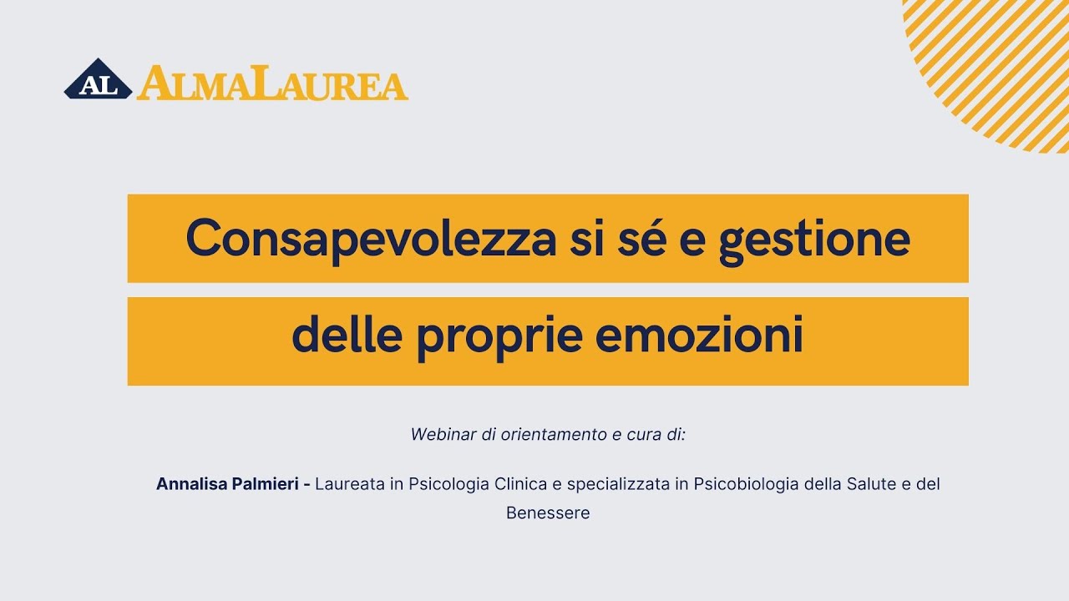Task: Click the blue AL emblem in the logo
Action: (x=98, y=82)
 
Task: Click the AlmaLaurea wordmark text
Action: (x=272, y=83)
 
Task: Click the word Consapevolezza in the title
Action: (x=371, y=239)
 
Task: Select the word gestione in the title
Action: (x=814, y=239)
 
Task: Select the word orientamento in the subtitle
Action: (x=548, y=435)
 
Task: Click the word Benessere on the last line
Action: (x=548, y=513)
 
